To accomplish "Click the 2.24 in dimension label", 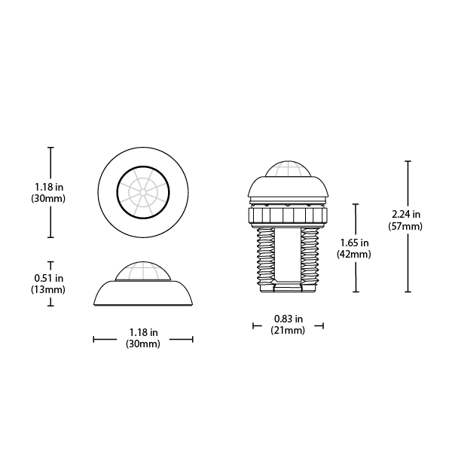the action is [x=406, y=215].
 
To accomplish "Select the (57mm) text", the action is [x=405, y=226].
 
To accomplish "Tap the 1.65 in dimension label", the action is [x=354, y=243].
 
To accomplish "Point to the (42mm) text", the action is [x=354, y=254].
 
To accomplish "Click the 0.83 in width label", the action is [x=289, y=319].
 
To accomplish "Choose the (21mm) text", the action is [x=288, y=330].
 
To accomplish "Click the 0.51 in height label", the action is [x=49, y=278].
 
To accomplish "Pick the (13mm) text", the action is [x=48, y=289].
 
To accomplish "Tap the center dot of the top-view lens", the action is [x=143, y=192].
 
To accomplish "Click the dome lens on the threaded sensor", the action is [x=288, y=169].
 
